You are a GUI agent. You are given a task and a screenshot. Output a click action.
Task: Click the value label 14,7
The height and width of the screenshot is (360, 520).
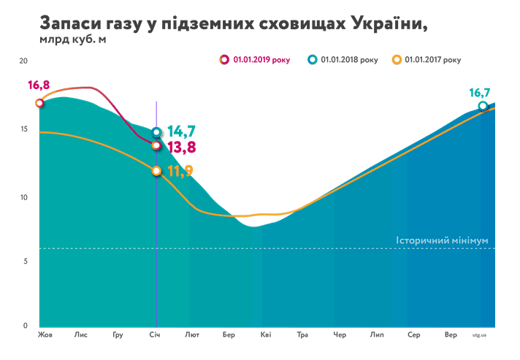[x=181, y=131]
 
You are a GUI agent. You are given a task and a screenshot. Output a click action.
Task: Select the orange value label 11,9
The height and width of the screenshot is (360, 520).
[x=180, y=172]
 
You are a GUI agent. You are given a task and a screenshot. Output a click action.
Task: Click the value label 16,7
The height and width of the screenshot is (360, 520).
[x=480, y=93]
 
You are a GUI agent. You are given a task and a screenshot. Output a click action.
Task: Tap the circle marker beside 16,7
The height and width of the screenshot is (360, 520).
[x=483, y=107]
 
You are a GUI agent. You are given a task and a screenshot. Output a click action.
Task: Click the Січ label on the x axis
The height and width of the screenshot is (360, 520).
[x=155, y=335]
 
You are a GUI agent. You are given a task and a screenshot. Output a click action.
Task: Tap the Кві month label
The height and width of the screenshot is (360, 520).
[x=265, y=335]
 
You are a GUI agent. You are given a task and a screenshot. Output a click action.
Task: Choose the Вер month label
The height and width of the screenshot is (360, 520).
[x=451, y=335]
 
